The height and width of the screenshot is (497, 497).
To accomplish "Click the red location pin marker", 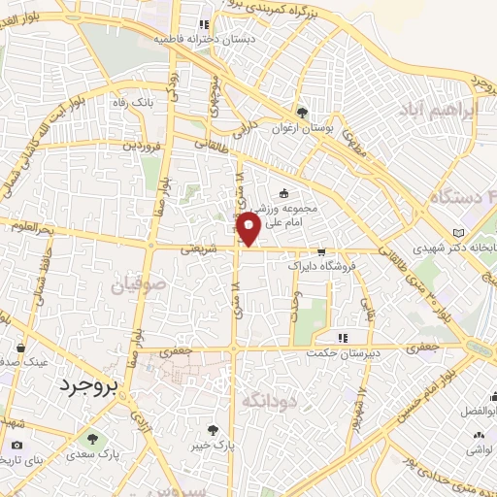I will tap(248, 227).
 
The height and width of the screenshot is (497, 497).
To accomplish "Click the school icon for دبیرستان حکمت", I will tap(342, 338).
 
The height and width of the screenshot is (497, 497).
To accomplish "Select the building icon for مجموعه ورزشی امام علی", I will tap(283, 191).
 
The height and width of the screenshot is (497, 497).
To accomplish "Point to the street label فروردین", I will tap(140, 146).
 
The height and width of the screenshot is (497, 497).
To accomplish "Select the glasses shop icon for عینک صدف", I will tap(21, 345).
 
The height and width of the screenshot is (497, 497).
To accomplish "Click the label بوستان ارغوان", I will tap(302, 126).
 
